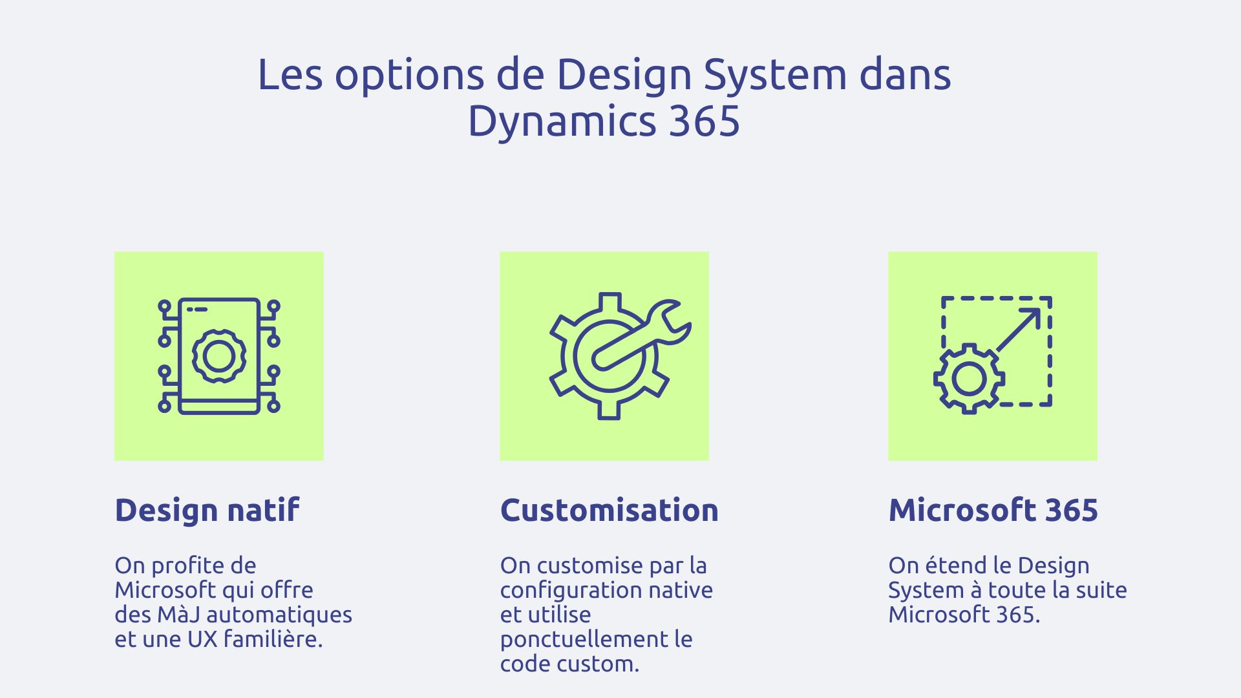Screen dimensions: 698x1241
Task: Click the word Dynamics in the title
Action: [562, 121]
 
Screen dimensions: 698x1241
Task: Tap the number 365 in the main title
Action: [704, 121]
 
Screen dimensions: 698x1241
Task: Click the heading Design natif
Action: [207, 510]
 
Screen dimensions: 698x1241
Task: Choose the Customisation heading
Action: [609, 510]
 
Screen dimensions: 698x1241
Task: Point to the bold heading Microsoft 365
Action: [993, 510]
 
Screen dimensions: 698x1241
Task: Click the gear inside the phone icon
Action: [219, 355]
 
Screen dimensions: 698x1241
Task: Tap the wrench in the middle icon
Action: [643, 336]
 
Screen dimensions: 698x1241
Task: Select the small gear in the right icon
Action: [969, 379]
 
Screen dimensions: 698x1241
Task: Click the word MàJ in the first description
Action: [178, 614]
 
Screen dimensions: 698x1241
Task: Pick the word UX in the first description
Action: [202, 639]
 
